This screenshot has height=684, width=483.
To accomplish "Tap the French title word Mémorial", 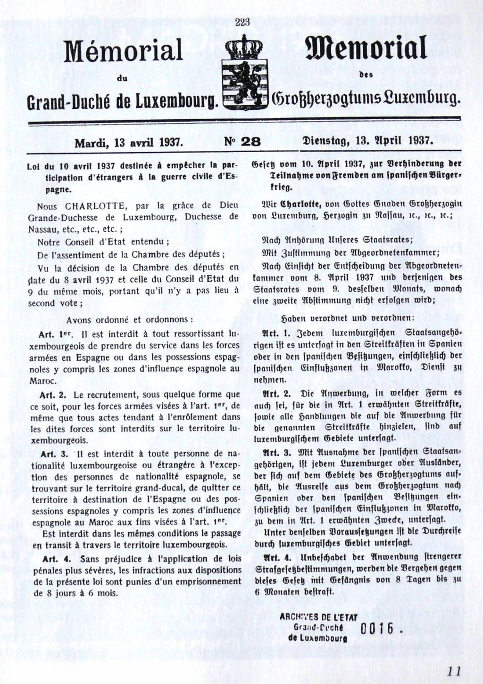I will pos(124,51).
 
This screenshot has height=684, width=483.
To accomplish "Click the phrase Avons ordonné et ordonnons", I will pos(129,319).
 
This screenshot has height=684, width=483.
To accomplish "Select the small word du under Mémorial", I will pos(121,77).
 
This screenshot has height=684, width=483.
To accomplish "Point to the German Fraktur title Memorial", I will pos(366,49).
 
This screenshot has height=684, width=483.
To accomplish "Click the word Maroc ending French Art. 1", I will pos(43,380).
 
